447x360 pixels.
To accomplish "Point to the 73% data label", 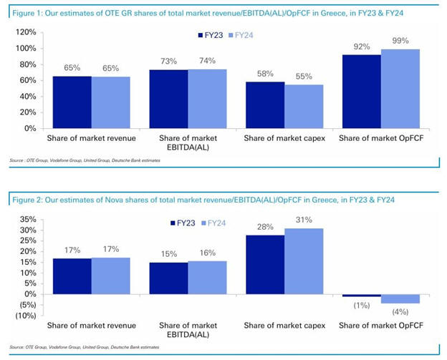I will [169, 62].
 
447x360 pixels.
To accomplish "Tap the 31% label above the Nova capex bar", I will [304, 220].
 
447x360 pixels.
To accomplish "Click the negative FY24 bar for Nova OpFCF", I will [400, 298].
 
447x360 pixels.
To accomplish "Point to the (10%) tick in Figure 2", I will [26, 315].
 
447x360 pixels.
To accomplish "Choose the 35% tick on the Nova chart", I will [28, 220].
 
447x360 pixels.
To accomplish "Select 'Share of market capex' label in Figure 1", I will [284, 136].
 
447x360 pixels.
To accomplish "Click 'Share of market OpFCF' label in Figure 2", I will [380, 325].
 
